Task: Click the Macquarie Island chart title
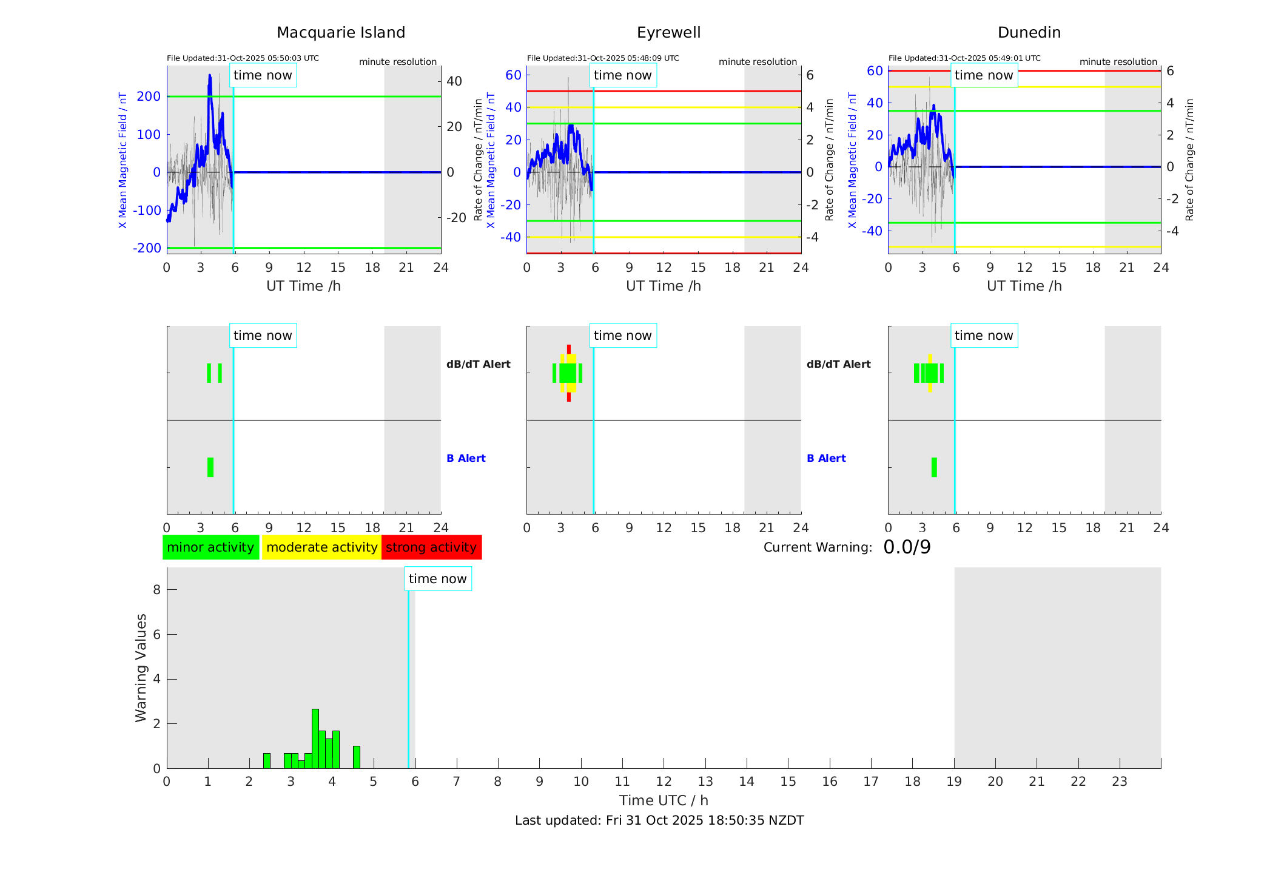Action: (x=340, y=33)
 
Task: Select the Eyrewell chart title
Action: (x=668, y=33)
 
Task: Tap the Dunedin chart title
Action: (x=1029, y=33)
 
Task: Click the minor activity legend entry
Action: (x=210, y=547)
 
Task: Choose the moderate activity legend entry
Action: (x=321, y=547)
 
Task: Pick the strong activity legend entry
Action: (x=431, y=547)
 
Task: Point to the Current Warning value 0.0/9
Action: (x=907, y=547)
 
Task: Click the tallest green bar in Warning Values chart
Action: (x=315, y=738)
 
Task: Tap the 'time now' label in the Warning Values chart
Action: (x=437, y=579)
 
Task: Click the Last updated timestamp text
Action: (x=659, y=820)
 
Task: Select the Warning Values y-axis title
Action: (x=141, y=668)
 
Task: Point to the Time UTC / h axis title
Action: (x=664, y=800)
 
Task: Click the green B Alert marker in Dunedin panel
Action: (x=934, y=467)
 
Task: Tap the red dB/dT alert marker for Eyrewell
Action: (x=569, y=348)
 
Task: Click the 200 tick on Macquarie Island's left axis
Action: (x=149, y=96)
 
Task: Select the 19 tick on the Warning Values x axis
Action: (x=954, y=782)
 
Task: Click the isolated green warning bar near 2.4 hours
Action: (x=267, y=760)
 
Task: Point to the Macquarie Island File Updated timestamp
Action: (x=243, y=58)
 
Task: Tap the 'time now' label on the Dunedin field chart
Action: (x=984, y=75)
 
